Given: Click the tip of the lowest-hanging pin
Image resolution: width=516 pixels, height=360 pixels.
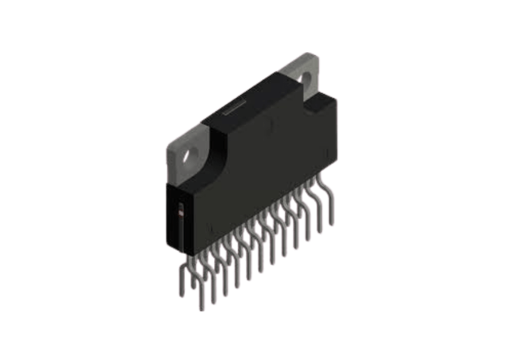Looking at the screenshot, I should click(x=201, y=308).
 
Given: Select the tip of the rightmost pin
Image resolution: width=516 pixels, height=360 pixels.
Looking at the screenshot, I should click(x=331, y=224).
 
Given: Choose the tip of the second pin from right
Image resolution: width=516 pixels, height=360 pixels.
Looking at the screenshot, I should click(x=319, y=231).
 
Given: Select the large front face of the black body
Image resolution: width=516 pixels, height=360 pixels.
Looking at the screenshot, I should click(x=264, y=174).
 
